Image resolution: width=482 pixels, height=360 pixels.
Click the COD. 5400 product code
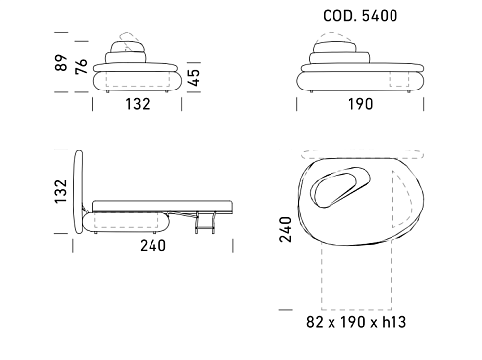pyautogui.click(x=360, y=16)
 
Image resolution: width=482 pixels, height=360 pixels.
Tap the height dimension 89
pyautogui.click(x=61, y=63)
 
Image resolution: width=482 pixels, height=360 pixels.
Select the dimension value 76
pyautogui.click(x=81, y=66)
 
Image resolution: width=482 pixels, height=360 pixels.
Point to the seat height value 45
pyautogui.click(x=194, y=78)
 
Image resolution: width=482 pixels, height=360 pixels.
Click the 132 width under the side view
pyautogui.click(x=138, y=104)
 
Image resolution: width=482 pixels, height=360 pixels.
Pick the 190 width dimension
pyautogui.click(x=360, y=104)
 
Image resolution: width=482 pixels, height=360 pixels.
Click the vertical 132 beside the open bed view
pyautogui.click(x=61, y=191)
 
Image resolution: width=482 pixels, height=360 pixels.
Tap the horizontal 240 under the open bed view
pyautogui.click(x=152, y=246)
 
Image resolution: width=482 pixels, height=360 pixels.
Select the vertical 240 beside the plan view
pyautogui.click(x=285, y=229)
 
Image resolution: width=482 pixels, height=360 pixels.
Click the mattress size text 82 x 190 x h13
pyautogui.click(x=356, y=322)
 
